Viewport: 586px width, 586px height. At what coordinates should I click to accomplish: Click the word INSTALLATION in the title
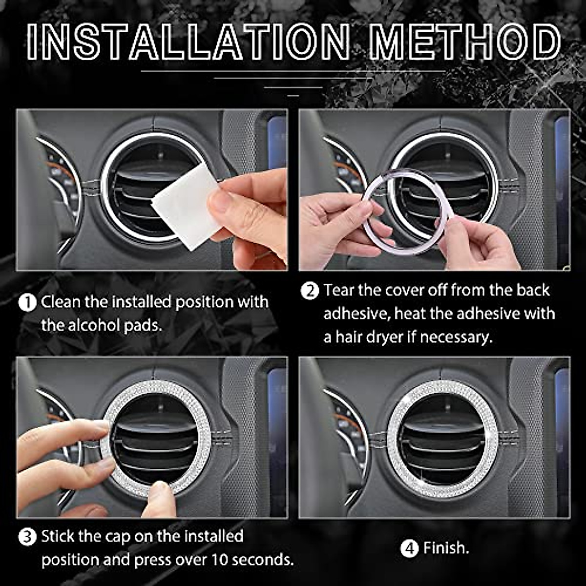(x=188, y=42)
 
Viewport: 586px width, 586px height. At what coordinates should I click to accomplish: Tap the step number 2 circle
(x=310, y=291)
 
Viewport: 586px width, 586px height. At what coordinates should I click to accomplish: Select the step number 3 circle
(x=27, y=538)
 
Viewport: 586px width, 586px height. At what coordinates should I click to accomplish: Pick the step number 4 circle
(x=409, y=548)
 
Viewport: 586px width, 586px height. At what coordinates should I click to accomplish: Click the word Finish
(x=446, y=548)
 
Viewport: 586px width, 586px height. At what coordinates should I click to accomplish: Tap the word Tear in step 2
(x=339, y=291)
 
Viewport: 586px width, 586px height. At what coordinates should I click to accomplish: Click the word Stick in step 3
(x=58, y=537)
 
